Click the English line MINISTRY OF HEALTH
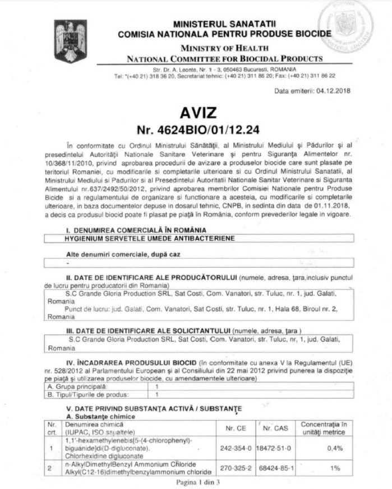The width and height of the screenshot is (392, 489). click(x=224, y=48)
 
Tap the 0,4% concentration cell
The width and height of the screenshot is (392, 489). click(x=335, y=448)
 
